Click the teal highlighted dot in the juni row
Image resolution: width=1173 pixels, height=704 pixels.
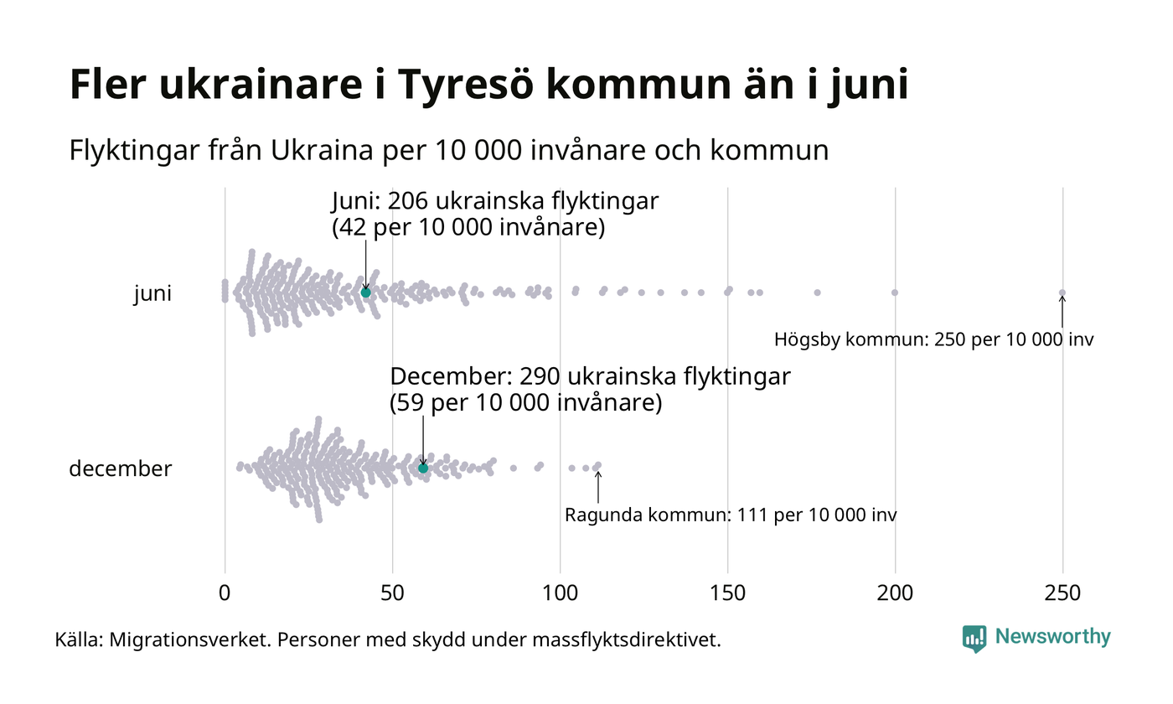point(365,292)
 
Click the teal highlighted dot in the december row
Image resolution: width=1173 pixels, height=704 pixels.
point(423,468)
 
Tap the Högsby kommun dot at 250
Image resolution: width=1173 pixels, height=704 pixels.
point(1062,292)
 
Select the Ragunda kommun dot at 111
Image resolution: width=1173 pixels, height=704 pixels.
point(597,465)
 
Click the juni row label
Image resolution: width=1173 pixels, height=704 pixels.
point(152,294)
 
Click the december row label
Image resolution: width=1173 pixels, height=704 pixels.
point(120,469)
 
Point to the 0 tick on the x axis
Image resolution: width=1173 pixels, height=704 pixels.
point(225,593)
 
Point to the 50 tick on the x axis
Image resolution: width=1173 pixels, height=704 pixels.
point(392,593)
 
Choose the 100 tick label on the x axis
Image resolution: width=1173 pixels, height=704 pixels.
point(560,593)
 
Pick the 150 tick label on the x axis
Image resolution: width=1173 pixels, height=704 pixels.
point(727,593)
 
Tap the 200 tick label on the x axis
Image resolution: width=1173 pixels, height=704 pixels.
point(895,593)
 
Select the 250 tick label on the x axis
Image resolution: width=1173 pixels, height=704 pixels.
point(1062,593)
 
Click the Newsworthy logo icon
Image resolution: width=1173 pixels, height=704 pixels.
point(974,639)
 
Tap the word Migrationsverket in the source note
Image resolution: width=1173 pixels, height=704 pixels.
point(189,640)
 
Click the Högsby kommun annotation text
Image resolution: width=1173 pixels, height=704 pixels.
point(933,340)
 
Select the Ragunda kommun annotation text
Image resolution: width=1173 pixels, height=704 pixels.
point(731,515)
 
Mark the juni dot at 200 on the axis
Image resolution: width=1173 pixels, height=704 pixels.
point(895,292)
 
